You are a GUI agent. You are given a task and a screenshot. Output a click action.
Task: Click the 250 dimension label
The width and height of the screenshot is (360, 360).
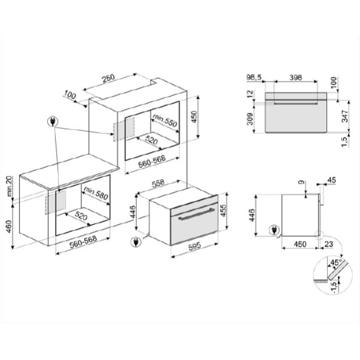pos(109,78)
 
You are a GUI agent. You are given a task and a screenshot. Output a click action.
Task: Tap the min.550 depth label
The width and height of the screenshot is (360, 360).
pos(165,120)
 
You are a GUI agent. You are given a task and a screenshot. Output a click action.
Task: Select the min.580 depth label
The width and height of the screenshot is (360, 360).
pos(96,193)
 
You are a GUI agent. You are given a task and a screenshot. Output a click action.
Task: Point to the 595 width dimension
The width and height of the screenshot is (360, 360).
pos(194,247)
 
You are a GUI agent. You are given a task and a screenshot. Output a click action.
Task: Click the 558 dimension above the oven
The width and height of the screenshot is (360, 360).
pos(158,183)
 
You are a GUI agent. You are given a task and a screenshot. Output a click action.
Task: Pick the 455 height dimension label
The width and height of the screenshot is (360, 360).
pos(223,211)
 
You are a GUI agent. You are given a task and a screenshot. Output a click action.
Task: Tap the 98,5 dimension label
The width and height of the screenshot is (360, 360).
pos(254,77)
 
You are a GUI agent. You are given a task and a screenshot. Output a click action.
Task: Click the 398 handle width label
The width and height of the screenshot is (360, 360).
pos(295,77)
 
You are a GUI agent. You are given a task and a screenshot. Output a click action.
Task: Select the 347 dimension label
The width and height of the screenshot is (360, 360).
pos(345,116)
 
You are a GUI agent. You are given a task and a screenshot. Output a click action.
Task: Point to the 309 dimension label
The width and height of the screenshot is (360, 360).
pos(250,119)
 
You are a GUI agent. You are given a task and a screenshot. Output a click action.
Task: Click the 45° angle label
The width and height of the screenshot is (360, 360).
pos(335,262)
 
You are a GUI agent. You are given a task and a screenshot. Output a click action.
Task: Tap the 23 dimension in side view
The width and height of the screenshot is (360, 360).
pos(329,244)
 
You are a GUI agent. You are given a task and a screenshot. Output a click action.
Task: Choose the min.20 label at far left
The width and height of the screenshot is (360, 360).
pos(10,186)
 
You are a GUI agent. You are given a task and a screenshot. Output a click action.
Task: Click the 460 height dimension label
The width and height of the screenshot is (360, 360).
pos(9,226)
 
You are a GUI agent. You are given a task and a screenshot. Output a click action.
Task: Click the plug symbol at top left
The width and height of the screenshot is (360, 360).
pos(53,121)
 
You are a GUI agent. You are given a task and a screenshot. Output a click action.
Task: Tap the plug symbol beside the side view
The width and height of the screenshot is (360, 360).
pos(274,230)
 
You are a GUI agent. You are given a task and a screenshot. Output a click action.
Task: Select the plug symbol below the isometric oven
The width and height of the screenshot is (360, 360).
pos(136,242)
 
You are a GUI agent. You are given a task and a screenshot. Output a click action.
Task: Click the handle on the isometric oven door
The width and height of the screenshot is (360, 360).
pos(196,214)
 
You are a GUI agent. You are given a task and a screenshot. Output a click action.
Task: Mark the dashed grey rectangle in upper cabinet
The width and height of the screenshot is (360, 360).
pos(124,129)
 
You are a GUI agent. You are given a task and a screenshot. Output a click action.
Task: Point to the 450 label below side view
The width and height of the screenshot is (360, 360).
pos(300,244)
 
